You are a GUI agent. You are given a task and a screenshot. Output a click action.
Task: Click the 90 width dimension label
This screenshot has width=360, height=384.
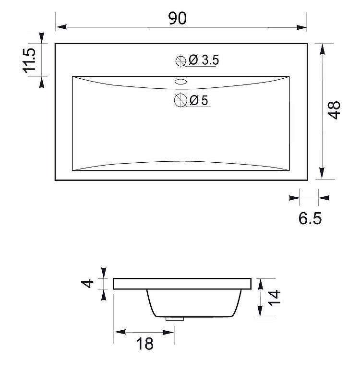[x=178, y=18]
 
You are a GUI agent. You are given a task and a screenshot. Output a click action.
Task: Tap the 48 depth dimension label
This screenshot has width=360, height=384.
[x=334, y=110]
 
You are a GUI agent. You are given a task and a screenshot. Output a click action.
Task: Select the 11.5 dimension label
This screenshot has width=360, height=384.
[x=29, y=60]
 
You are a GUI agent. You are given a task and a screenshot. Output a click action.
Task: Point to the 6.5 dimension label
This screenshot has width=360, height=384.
[x=310, y=218]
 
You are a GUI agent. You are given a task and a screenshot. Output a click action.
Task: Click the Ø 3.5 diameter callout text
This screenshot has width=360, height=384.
[x=204, y=60]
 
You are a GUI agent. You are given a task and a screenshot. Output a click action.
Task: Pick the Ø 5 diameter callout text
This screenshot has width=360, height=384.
[x=199, y=100]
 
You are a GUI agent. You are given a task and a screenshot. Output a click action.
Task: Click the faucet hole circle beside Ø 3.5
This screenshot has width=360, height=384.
[x=181, y=61]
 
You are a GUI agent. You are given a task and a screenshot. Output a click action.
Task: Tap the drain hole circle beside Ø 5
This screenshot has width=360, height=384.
[x=180, y=100]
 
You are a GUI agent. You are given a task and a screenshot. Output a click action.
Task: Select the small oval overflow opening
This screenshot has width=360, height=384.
[x=181, y=81]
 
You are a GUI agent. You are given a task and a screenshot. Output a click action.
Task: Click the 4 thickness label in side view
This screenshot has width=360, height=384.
[x=87, y=284]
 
